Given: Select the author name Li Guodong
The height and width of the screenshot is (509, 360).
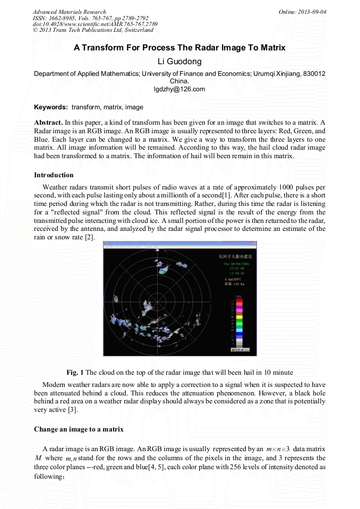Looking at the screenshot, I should [x=179, y=62].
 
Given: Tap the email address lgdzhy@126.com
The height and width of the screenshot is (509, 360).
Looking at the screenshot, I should [x=179, y=89].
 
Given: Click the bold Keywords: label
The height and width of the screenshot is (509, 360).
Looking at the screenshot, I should [x=51, y=107].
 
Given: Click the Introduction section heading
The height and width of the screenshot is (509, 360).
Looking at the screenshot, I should [x=54, y=175].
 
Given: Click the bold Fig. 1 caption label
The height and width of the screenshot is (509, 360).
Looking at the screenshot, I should [x=75, y=373].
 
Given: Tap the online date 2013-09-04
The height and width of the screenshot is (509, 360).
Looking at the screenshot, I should [x=313, y=12].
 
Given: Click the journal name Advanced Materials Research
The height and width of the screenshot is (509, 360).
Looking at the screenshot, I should [x=69, y=12].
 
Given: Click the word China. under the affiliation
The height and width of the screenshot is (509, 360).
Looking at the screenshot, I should [x=179, y=82].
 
